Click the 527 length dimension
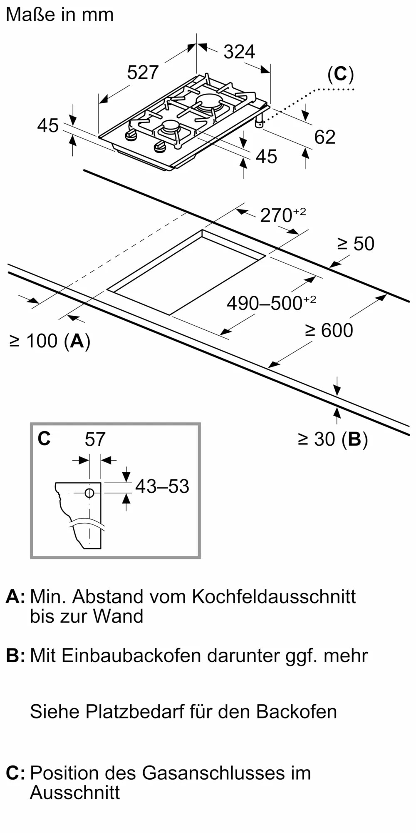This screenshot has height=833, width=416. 143,72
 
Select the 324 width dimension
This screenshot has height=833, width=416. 239,52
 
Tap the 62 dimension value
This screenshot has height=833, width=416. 324,137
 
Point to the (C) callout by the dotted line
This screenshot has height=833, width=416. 340,74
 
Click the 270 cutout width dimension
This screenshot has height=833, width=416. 283,215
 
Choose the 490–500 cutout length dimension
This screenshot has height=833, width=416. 271,303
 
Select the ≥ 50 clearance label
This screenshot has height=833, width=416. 356,244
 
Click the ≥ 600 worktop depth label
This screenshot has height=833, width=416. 329,330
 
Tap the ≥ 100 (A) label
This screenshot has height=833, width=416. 50,341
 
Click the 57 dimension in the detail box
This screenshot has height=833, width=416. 95,439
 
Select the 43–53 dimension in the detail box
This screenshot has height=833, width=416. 162,486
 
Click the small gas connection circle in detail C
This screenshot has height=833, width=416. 89,493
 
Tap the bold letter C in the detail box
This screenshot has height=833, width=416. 44,439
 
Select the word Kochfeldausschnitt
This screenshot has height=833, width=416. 274,597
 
